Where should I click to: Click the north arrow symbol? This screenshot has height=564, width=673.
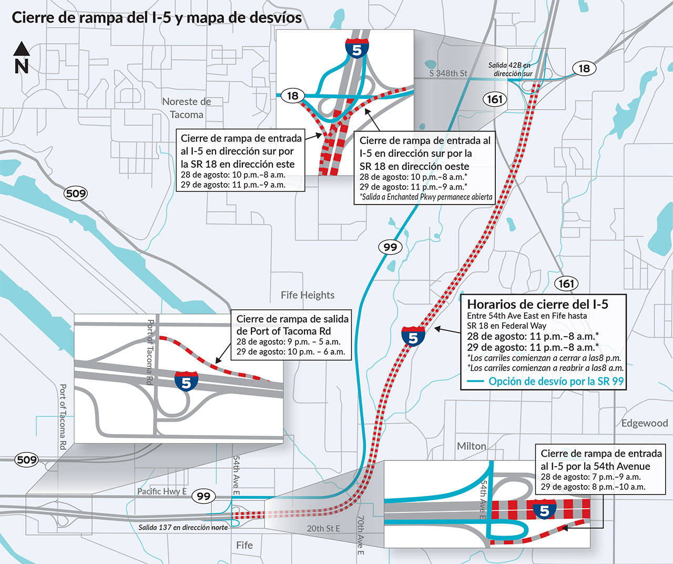point(21,57)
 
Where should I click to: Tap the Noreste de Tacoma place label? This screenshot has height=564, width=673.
point(186,108)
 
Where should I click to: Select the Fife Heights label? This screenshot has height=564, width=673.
point(307,295)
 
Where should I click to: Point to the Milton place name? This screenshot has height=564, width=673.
point(471,446)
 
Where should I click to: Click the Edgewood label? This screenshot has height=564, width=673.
point(644,424)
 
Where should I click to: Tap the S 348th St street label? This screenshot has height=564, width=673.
point(448,73)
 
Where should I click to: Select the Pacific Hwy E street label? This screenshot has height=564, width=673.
point(162,491)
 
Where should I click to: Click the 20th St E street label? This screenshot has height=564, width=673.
point(323,528)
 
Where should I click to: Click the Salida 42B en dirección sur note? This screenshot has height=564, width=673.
point(510,69)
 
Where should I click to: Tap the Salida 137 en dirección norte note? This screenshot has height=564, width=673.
point(183,527)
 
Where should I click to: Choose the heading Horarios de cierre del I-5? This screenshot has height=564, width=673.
point(537,304)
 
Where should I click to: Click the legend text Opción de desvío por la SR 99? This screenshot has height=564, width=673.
point(556,381)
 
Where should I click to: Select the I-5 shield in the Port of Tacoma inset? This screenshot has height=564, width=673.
point(186,381)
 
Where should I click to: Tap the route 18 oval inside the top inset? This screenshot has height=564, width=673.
point(292,96)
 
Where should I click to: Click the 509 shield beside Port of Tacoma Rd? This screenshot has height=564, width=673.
point(26,459)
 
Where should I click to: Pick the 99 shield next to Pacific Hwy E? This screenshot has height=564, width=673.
point(203,496)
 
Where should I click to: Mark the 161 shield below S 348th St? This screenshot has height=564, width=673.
point(494,99)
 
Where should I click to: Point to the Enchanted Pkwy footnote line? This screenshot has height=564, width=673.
point(426,197)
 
